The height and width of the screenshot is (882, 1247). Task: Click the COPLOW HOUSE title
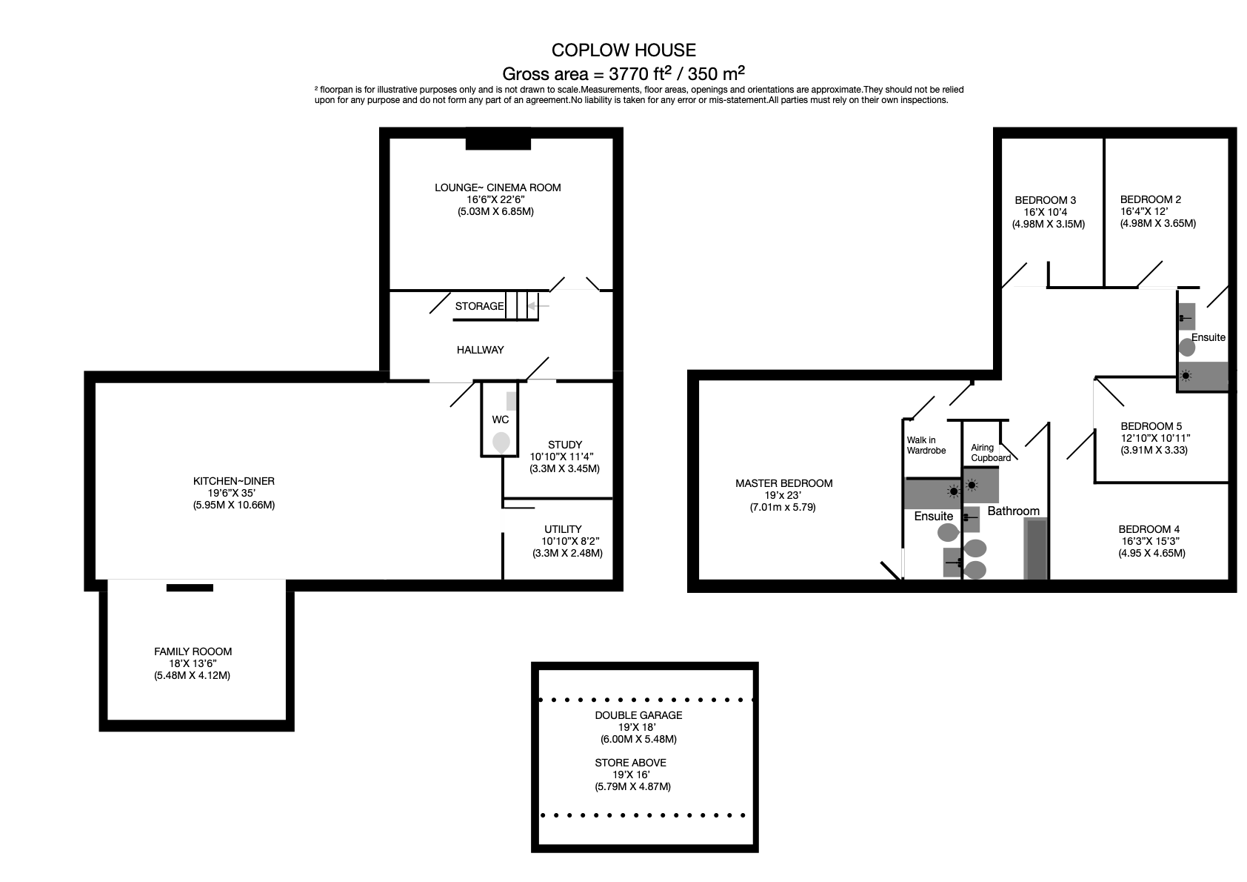tap(623, 50)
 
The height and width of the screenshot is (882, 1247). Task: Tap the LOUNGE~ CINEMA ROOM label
tap(498, 188)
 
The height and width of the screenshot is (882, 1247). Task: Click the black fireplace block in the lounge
tap(498, 139)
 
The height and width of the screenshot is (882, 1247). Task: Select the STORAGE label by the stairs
tap(479, 306)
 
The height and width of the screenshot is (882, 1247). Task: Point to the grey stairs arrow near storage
tap(540, 305)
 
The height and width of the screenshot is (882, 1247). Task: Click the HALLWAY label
tap(480, 350)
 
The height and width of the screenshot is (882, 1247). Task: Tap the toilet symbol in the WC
tap(501, 442)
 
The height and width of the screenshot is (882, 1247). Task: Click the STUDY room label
tap(565, 445)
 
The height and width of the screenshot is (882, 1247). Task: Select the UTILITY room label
tap(563, 529)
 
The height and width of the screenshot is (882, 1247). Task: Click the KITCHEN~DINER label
tap(234, 481)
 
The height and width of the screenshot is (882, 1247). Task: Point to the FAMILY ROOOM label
tap(193, 651)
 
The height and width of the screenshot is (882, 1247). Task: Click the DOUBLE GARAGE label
tap(638, 715)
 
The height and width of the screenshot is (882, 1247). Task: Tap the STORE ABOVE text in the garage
tap(630, 763)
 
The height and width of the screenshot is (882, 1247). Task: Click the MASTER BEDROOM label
tap(783, 483)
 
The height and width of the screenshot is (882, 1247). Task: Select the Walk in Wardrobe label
tap(926, 445)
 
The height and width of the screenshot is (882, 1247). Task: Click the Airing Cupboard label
tap(990, 453)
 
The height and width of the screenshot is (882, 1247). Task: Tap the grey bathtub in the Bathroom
tap(1036, 548)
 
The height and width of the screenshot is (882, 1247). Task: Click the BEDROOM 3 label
tap(1045, 200)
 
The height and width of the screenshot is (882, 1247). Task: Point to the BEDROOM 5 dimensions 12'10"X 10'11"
tap(1155, 438)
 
